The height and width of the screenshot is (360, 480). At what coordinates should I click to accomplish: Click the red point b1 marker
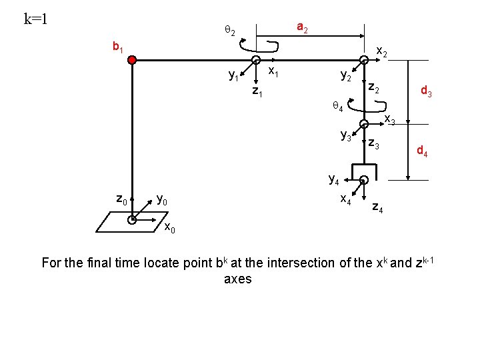133,60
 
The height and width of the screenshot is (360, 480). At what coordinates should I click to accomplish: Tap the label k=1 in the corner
35,18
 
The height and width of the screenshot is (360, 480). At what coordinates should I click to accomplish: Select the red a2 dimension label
302,28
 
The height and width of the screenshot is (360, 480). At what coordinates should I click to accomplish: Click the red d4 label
423,152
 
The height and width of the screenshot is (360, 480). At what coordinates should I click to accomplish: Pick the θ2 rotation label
229,31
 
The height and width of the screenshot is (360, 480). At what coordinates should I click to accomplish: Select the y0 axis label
162,199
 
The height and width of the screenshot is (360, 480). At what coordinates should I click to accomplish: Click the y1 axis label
234,76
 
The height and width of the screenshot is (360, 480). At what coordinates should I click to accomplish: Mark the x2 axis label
383,51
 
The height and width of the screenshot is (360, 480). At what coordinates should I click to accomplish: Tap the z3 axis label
373,145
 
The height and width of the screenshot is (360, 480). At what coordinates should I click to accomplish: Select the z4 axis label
377,208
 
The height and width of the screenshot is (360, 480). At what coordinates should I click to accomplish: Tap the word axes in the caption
238,279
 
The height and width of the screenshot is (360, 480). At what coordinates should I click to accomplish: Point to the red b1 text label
119,47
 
